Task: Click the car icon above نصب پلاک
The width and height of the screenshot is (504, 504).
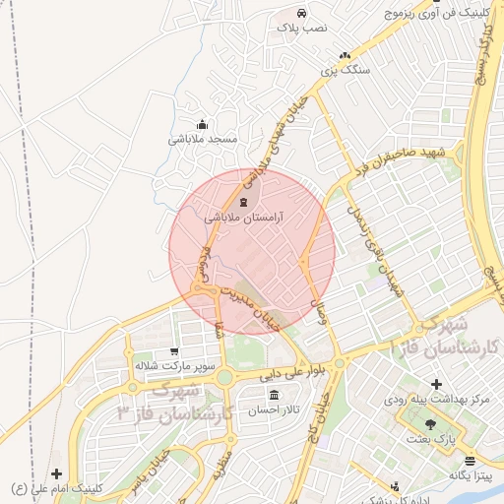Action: click(x=301, y=14)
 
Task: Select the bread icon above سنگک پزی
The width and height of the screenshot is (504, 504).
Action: click(x=344, y=56)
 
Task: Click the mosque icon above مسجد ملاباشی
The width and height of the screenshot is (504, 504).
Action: click(x=203, y=124)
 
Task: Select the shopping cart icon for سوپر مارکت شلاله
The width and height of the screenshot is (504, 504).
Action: click(x=174, y=350)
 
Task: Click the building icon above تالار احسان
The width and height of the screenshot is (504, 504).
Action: click(x=273, y=396)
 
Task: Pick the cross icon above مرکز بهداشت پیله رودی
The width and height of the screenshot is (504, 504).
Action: click(x=437, y=383)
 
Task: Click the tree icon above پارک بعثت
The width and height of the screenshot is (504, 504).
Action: click(x=431, y=423)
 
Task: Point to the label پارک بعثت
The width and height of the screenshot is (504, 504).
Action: click(x=432, y=439)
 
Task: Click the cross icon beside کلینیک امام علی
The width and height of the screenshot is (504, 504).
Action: click(x=55, y=473)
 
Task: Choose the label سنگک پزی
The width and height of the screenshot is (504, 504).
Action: click(x=347, y=72)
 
